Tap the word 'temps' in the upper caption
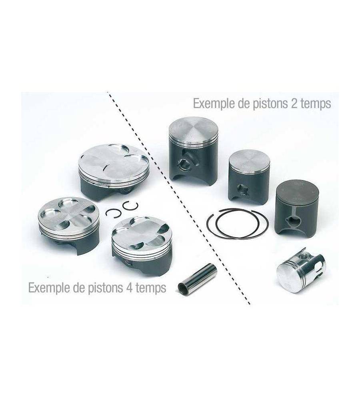[x=315, y=104]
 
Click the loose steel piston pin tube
[x=198, y=279]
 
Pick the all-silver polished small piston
[x=301, y=272]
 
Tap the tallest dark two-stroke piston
[x=193, y=152]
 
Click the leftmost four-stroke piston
[x=69, y=224]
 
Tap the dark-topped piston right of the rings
[x=298, y=208]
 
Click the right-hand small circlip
[x=130, y=206]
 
